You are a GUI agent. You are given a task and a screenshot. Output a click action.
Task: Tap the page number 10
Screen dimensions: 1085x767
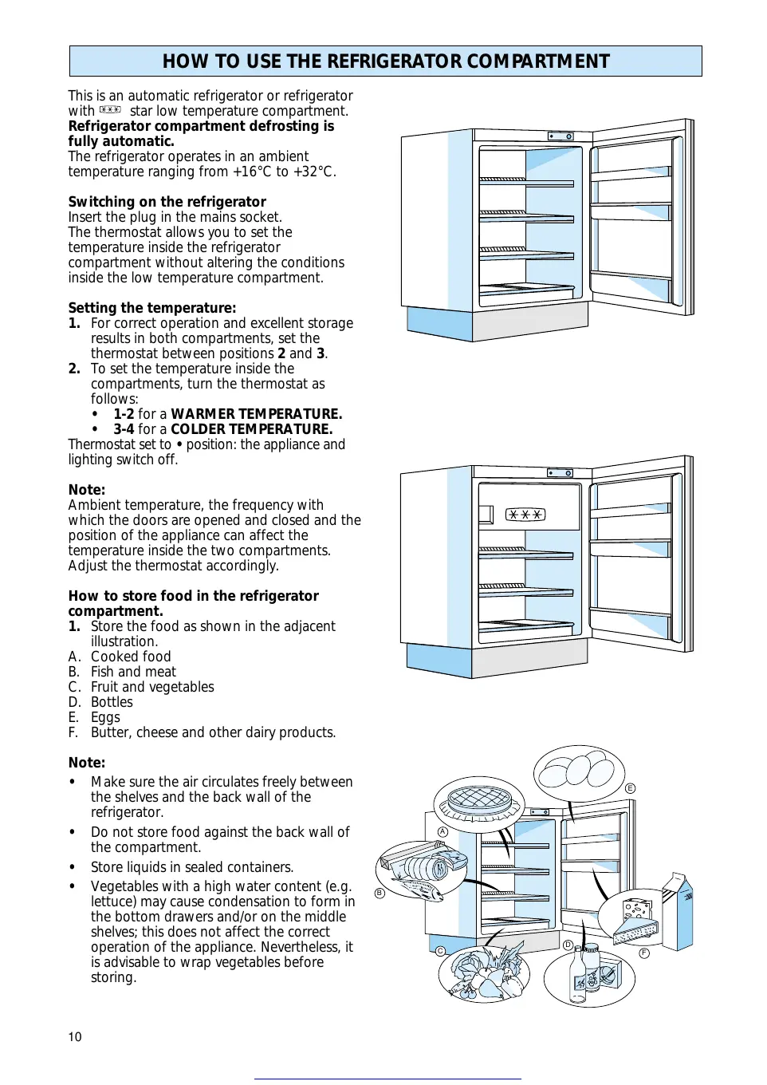point(75,1036)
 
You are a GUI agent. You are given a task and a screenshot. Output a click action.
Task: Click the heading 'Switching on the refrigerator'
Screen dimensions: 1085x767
point(167,202)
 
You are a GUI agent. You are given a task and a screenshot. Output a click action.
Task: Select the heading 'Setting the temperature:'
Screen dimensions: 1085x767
point(151,308)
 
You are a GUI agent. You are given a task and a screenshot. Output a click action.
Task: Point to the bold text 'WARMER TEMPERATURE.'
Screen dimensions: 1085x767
point(256,414)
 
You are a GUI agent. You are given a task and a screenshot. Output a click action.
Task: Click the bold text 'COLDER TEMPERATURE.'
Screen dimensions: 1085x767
point(251,429)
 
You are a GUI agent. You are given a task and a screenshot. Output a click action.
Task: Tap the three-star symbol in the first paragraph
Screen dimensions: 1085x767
point(111,110)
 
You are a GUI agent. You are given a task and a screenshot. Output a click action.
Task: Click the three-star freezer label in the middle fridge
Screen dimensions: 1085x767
point(526,515)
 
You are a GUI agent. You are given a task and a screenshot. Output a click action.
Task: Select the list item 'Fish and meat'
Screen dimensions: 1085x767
point(133,672)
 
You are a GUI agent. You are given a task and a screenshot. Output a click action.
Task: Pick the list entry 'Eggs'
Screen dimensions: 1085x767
point(105,717)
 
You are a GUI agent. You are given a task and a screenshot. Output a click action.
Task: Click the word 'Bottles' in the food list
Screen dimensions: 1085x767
point(112,702)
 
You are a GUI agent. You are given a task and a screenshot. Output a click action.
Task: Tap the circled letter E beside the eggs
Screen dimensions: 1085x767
point(630,788)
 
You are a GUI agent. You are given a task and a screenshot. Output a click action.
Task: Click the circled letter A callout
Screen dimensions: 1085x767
point(442,831)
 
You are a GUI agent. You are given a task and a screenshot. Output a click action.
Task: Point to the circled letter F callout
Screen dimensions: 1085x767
point(644,953)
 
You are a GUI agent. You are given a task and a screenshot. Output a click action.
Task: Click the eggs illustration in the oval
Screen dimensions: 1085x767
point(580,772)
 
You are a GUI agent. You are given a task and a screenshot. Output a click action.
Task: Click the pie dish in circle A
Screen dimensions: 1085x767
point(478,800)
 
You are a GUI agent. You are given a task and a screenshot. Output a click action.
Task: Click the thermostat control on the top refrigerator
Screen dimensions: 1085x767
point(560,136)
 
